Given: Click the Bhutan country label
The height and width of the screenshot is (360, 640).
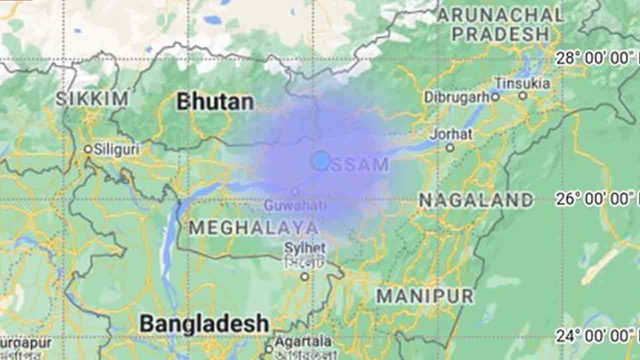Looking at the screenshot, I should point(215,102).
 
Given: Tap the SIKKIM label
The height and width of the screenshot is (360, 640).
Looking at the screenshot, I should point(91,99).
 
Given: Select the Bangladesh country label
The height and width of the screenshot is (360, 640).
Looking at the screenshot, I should point(204,324).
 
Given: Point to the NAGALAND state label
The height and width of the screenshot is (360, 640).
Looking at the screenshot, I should point(475,200).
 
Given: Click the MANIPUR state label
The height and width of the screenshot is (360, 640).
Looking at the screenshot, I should point(424,296).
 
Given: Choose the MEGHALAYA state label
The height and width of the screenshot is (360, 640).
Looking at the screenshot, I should point(253,228).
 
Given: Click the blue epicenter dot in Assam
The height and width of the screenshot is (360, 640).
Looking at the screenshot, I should point(320,160).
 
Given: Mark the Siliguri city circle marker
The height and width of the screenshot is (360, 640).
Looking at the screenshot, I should point(88,148).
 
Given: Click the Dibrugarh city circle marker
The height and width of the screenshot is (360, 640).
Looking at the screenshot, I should point(495,97).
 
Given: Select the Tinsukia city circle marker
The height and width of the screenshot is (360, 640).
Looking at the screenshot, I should point(522,95).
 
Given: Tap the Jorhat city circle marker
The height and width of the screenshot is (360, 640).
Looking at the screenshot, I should point(450,147).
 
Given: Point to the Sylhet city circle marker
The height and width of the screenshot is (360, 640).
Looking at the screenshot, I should point(304,276).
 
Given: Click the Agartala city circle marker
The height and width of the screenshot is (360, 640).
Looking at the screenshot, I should point(269,349).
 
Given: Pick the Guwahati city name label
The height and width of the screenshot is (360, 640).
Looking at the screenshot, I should point(295,205).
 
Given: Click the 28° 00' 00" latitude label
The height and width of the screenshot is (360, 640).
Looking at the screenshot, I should point(595,58).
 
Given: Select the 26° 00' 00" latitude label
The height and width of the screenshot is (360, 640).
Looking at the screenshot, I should point(595,199).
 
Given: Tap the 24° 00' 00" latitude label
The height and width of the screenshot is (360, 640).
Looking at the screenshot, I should point(595,335).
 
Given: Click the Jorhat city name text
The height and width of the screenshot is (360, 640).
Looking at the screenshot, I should point(451,134).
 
